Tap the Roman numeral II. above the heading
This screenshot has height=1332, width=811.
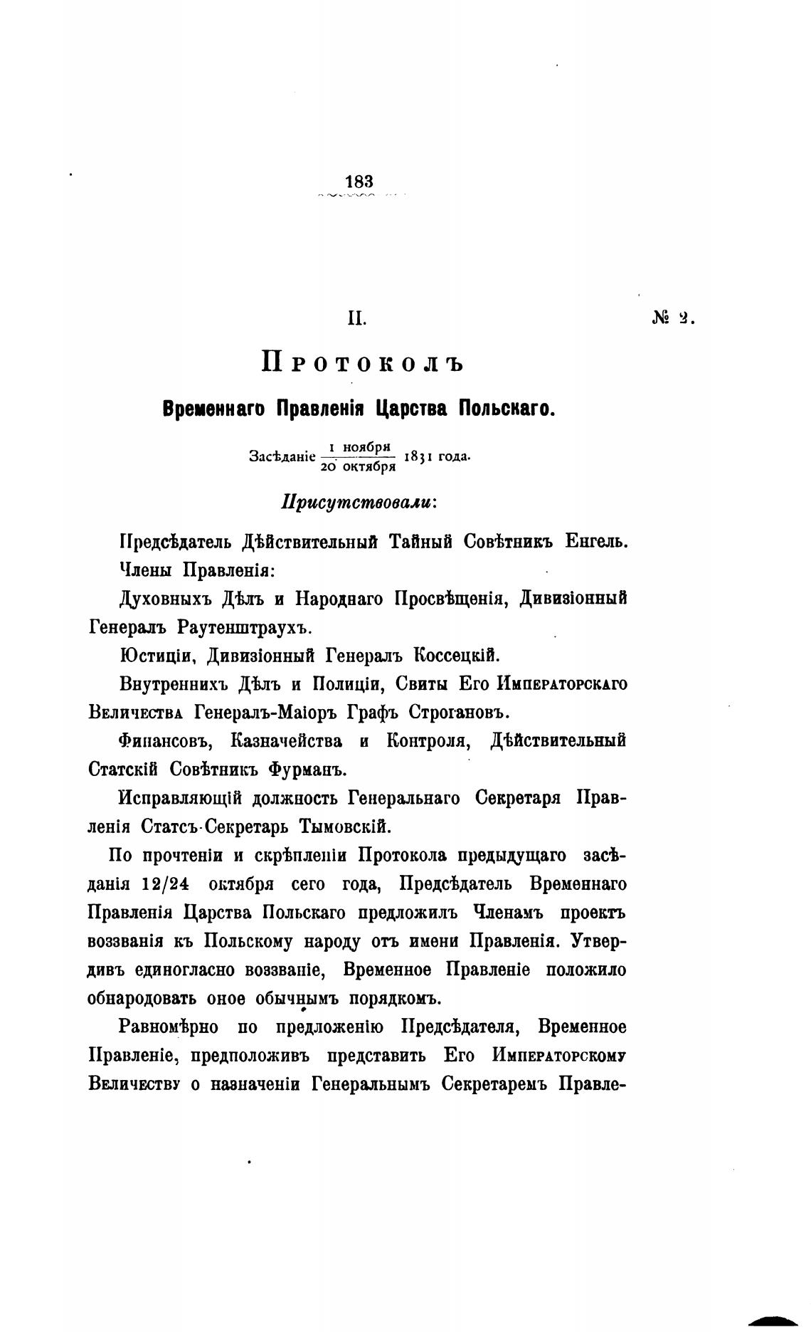[356, 318]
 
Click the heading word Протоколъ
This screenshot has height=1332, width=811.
[362, 362]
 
